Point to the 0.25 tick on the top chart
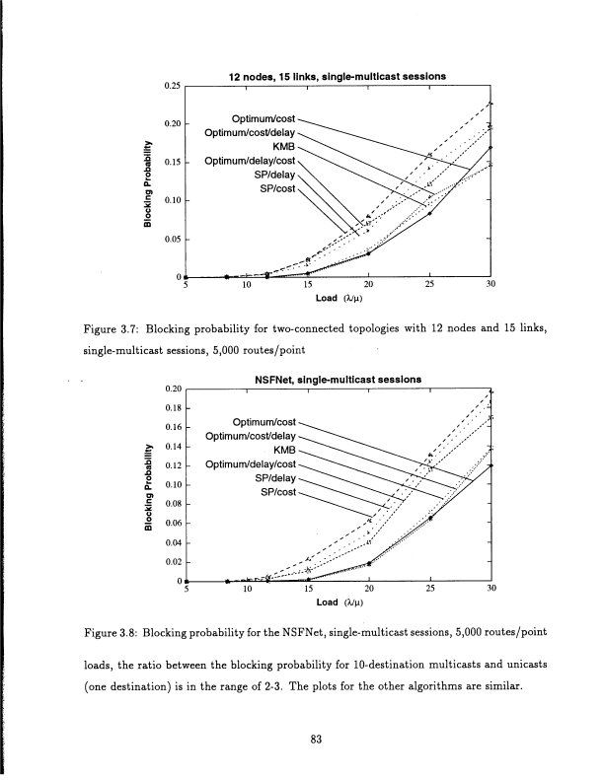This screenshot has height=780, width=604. click(x=172, y=87)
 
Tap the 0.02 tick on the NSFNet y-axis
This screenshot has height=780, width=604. click(x=172, y=562)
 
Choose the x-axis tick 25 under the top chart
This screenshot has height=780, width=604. click(x=429, y=285)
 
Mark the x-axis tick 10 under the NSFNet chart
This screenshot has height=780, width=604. click(x=248, y=589)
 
